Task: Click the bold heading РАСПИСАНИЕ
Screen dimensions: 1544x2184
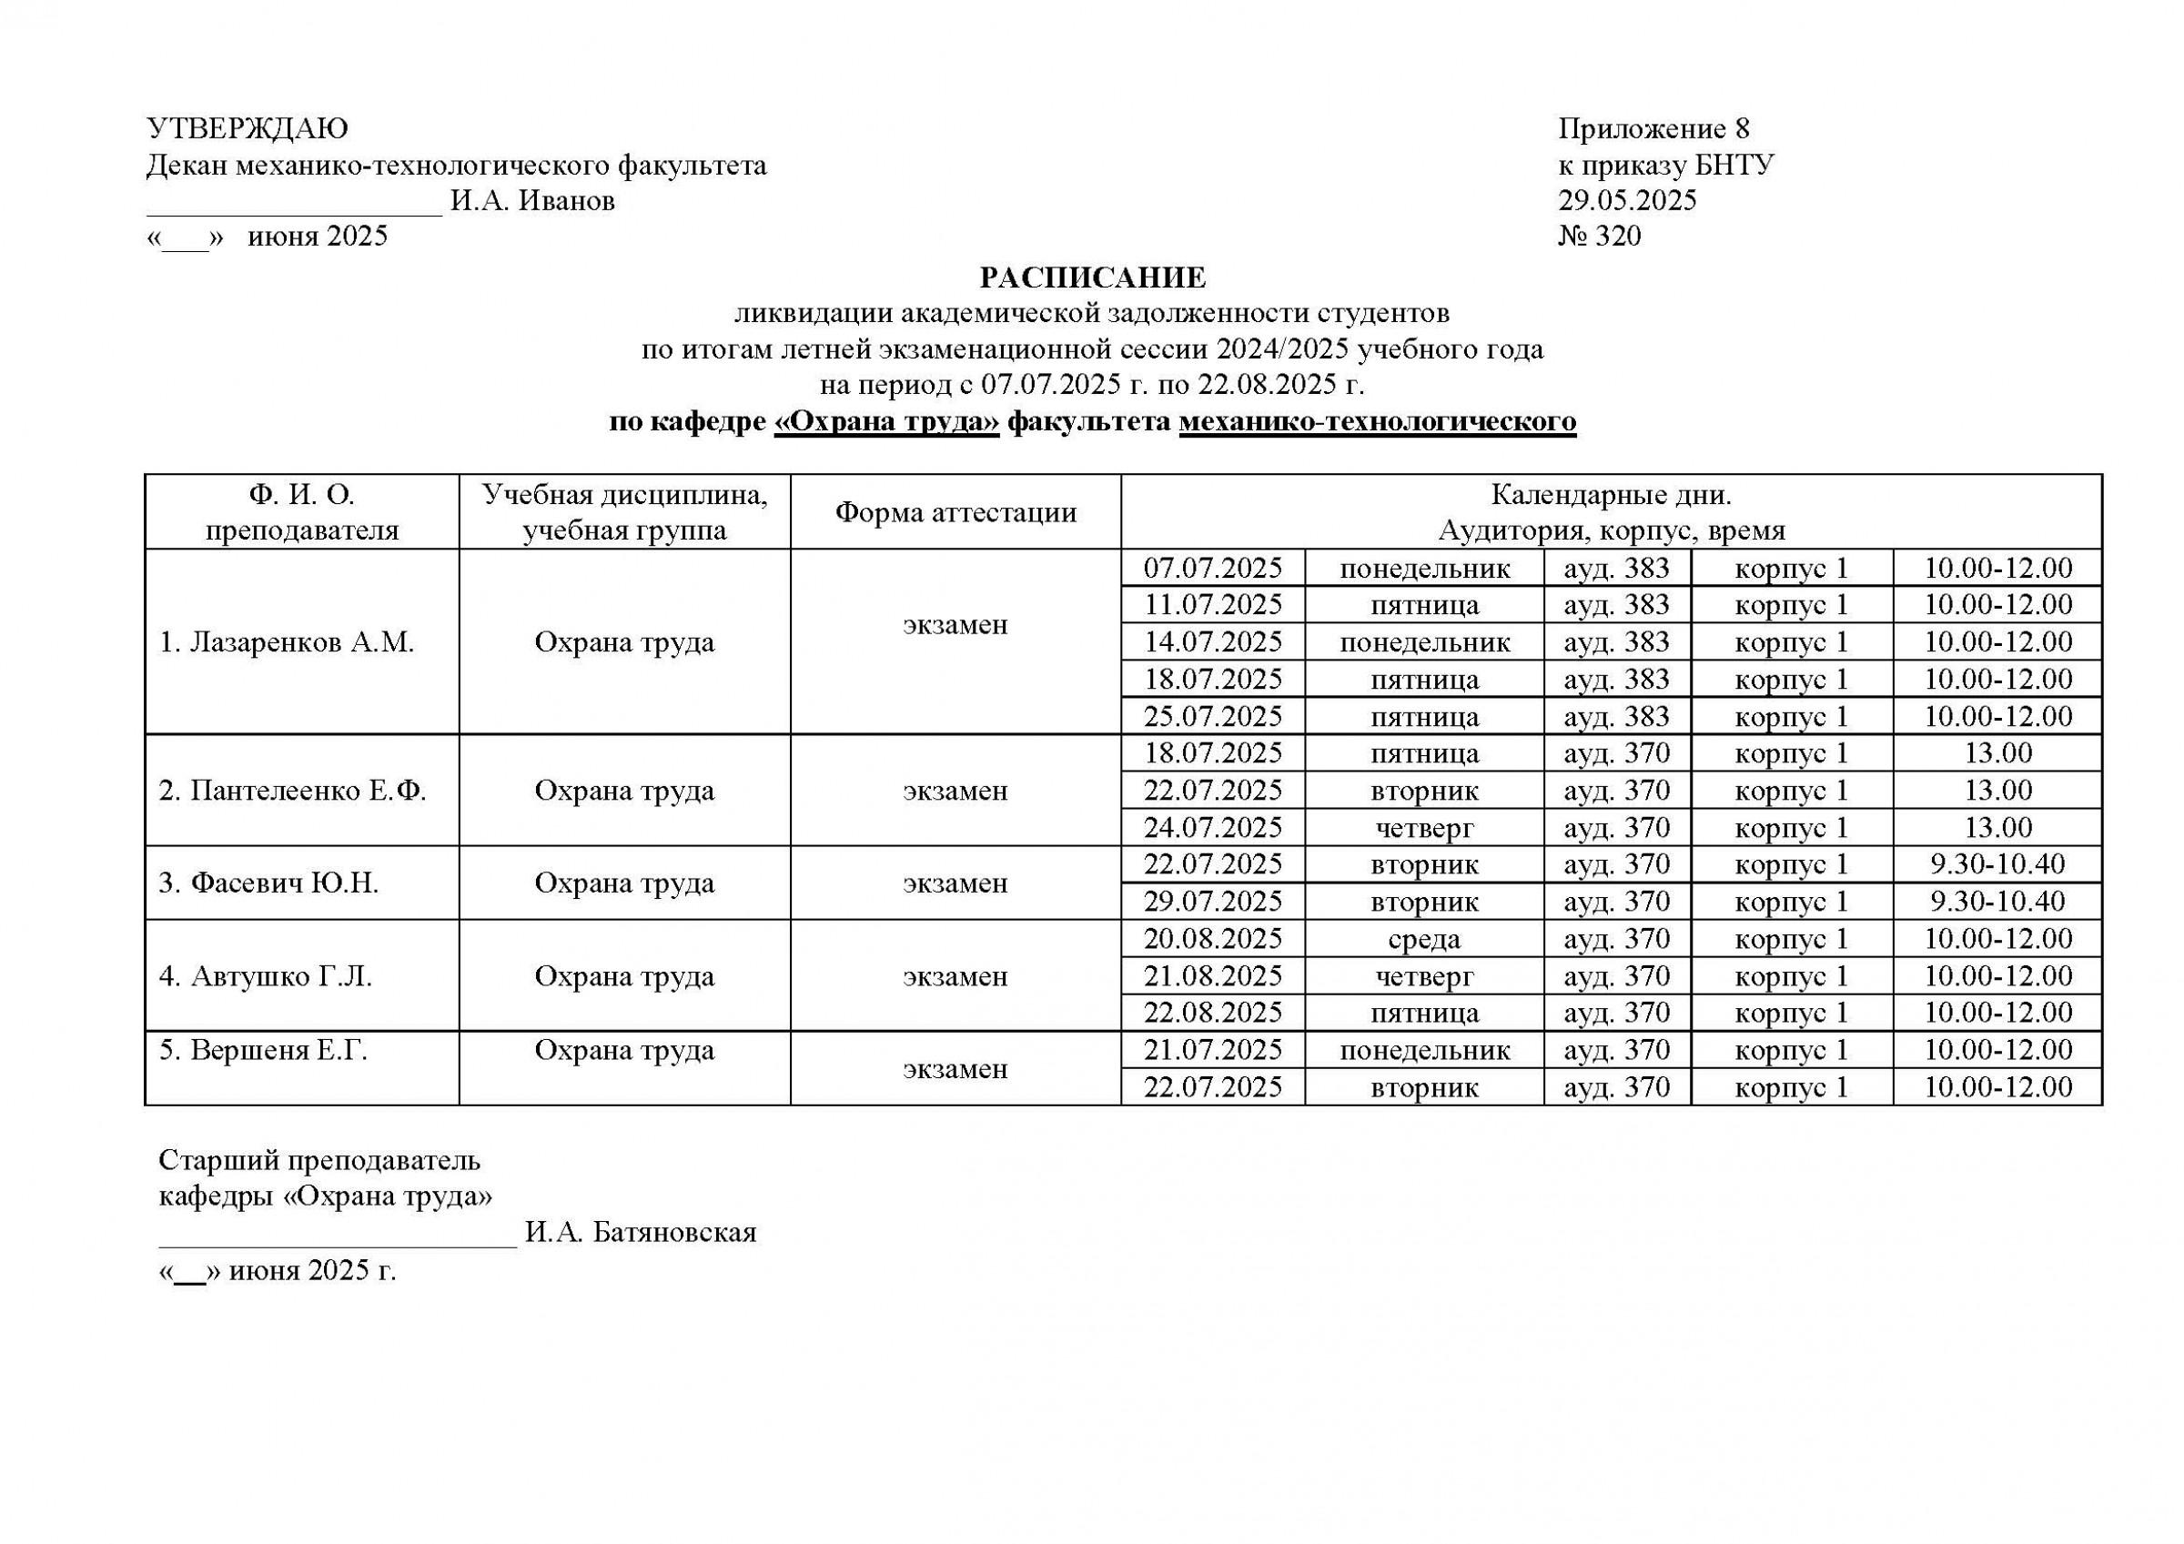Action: pyautogui.click(x=1092, y=278)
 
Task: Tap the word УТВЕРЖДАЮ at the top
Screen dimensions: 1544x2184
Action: pyautogui.click(x=248, y=128)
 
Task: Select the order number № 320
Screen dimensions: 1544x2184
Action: pyautogui.click(x=1599, y=236)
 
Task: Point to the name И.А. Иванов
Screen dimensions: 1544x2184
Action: pyautogui.click(x=532, y=201)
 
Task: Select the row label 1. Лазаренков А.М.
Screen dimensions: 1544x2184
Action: pyautogui.click(x=288, y=642)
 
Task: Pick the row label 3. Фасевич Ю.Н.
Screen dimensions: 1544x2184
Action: pyautogui.click(x=269, y=883)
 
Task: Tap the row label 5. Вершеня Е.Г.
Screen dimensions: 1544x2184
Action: pyautogui.click(x=264, y=1050)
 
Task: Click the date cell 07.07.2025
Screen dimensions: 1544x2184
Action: pyautogui.click(x=1213, y=568)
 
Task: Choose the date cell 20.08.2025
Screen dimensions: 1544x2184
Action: pyautogui.click(x=1213, y=939)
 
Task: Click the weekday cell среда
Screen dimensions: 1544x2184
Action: pyautogui.click(x=1424, y=939)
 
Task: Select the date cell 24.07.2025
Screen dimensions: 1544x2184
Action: pyautogui.click(x=1213, y=828)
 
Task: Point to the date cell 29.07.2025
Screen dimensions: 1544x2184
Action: pyautogui.click(x=1213, y=901)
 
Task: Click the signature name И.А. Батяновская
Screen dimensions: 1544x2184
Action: pyautogui.click(x=640, y=1234)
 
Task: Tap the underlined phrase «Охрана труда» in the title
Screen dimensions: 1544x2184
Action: pyautogui.click(x=886, y=420)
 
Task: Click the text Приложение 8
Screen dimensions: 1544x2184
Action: pyautogui.click(x=1653, y=128)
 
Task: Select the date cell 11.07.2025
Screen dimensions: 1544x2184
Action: pyautogui.click(x=1213, y=605)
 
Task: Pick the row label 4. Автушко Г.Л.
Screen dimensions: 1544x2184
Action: pyautogui.click(x=266, y=976)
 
